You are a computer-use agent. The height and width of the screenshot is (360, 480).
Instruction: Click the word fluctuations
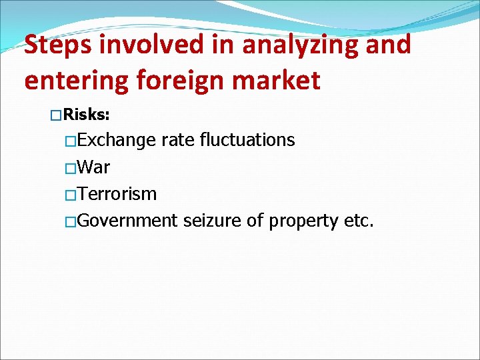click(247, 140)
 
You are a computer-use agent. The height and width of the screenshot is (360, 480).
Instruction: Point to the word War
click(94, 167)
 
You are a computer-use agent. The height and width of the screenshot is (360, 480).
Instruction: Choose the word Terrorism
click(117, 194)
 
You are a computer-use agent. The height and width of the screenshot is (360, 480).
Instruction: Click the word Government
click(128, 221)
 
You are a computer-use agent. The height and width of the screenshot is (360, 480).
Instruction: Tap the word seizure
click(212, 221)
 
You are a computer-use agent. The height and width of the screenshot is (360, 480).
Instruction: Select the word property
click(303, 221)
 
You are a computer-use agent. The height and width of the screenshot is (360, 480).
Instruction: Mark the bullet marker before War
click(71, 167)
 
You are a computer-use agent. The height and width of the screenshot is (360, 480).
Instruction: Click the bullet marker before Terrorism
click(71, 195)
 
